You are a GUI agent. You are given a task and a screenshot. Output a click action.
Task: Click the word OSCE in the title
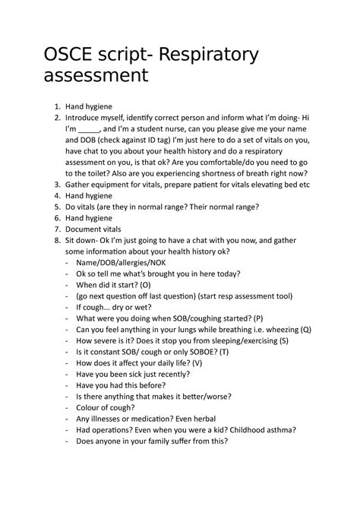(x=77, y=55)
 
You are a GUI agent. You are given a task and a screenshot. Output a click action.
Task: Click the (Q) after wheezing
(x=305, y=330)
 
